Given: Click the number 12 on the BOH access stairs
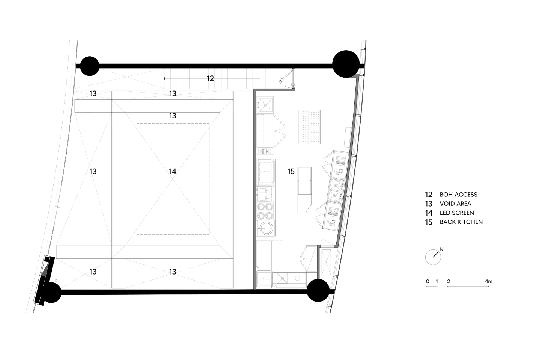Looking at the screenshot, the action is coord(210,78).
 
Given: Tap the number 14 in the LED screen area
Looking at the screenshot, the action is coord(172,171).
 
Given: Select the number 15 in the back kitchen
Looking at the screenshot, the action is coord(291,171).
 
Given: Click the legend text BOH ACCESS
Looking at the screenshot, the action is coord(458,195).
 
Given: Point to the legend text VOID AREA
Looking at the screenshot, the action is coord(455,204).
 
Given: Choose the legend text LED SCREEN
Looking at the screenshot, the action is coord(457,213).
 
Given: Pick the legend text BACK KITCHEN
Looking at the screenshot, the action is coord(461,222).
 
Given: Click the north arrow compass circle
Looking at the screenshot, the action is coord(433,257).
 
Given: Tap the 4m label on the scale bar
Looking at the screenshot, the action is coord(489,281).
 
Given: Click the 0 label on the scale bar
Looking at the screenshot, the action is coord(427,281).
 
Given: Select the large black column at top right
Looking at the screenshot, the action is coord(346,64).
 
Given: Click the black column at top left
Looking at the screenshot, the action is coord(89,66).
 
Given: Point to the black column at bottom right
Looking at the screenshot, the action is coord(318,290).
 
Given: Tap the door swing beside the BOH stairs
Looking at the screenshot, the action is coord(287,78).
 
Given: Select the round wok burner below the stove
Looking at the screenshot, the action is coord(266,228).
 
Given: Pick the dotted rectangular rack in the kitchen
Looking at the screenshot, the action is coord(309,127).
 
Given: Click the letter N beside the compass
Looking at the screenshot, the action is coord(441,249).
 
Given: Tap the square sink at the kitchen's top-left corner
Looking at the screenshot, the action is coord(265,105).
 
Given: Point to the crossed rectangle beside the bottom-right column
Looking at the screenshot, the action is coord(326,262).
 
